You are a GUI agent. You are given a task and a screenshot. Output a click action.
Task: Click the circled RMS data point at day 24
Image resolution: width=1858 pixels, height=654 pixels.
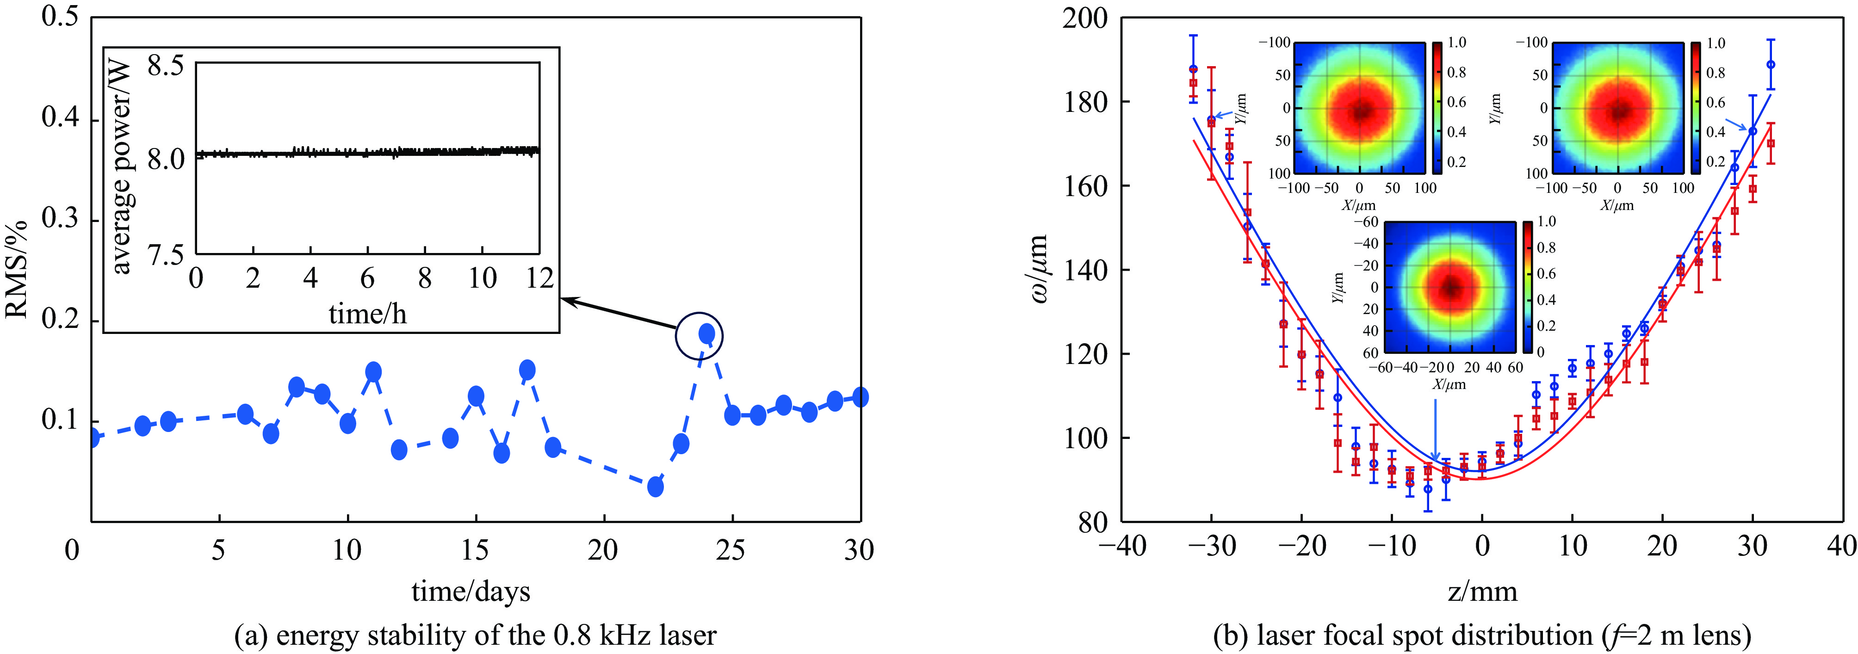point(707,334)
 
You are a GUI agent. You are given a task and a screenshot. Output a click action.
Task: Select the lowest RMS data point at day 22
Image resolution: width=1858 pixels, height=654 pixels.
point(655,487)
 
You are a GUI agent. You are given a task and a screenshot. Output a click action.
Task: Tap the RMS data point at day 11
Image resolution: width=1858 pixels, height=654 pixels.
point(373,372)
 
